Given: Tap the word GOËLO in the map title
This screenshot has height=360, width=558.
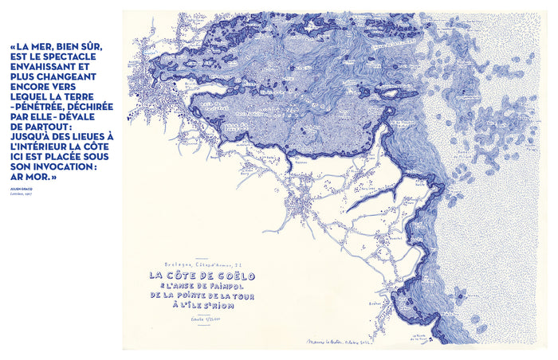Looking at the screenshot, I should click(226, 276).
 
